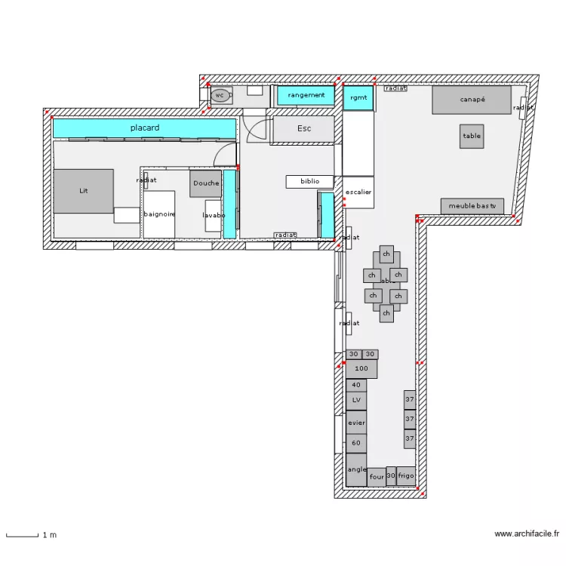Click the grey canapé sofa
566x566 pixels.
472,100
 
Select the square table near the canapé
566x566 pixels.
472,136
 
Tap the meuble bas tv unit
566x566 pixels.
472,206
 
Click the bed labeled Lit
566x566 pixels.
83,191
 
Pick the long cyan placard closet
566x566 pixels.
143,128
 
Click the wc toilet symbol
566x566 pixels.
220,95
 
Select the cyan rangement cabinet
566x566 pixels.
306,95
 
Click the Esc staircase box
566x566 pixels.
303,128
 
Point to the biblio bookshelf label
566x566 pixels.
309,181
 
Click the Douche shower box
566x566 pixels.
205,183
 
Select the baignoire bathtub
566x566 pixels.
159,214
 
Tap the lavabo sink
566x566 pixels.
213,216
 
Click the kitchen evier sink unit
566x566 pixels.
356,423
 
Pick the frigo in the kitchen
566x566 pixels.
406,476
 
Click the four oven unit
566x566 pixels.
377,477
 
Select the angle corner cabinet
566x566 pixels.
356,469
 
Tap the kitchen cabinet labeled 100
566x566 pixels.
361,369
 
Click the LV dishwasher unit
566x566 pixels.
356,400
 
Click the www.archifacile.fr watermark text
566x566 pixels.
526,534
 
